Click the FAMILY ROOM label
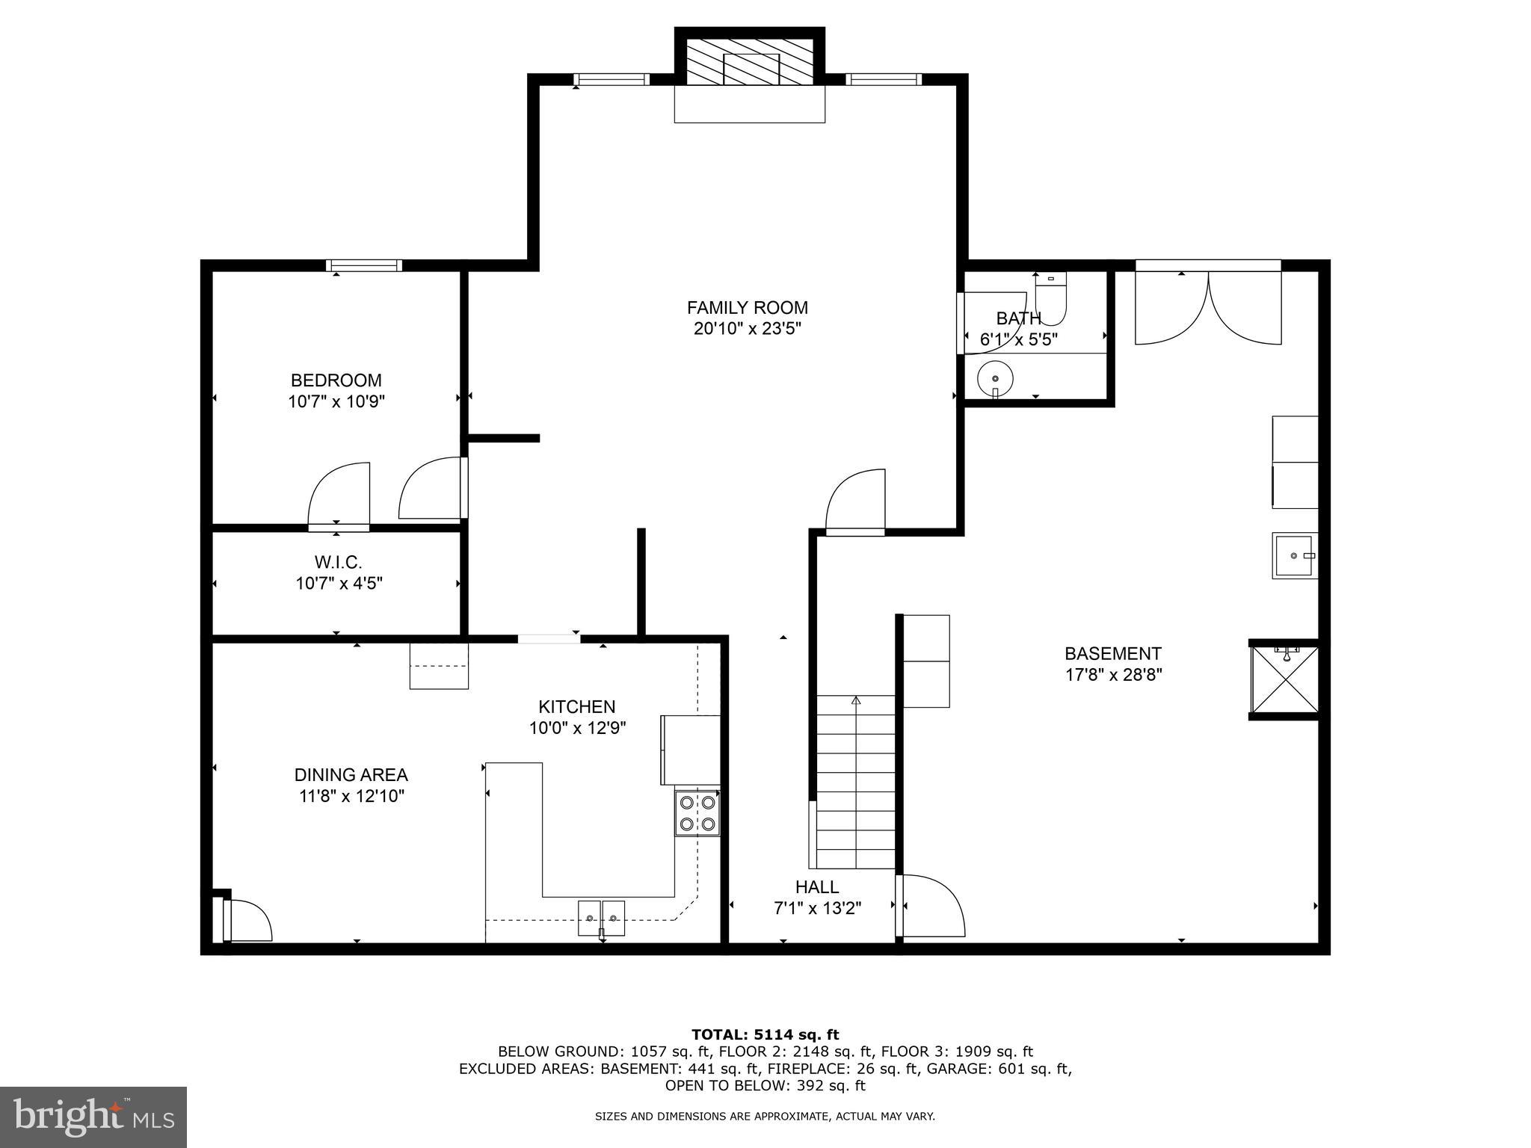tap(747, 308)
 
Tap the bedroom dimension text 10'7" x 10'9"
tap(336, 402)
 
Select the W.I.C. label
tap(338, 562)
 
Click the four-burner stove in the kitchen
tap(697, 813)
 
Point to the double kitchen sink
tap(601, 918)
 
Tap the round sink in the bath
tap(995, 379)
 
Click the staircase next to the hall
tap(855, 782)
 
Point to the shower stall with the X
tap(1285, 679)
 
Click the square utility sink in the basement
tap(1295, 555)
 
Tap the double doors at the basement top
tap(1208, 306)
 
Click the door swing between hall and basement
tap(931, 906)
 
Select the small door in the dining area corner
tap(245, 921)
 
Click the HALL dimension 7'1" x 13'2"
tap(817, 909)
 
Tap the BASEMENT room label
tap(1113, 654)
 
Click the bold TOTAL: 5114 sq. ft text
tap(765, 1035)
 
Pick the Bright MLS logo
tap(93, 1117)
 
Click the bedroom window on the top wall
tap(364, 265)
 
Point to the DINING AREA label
tap(351, 775)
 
